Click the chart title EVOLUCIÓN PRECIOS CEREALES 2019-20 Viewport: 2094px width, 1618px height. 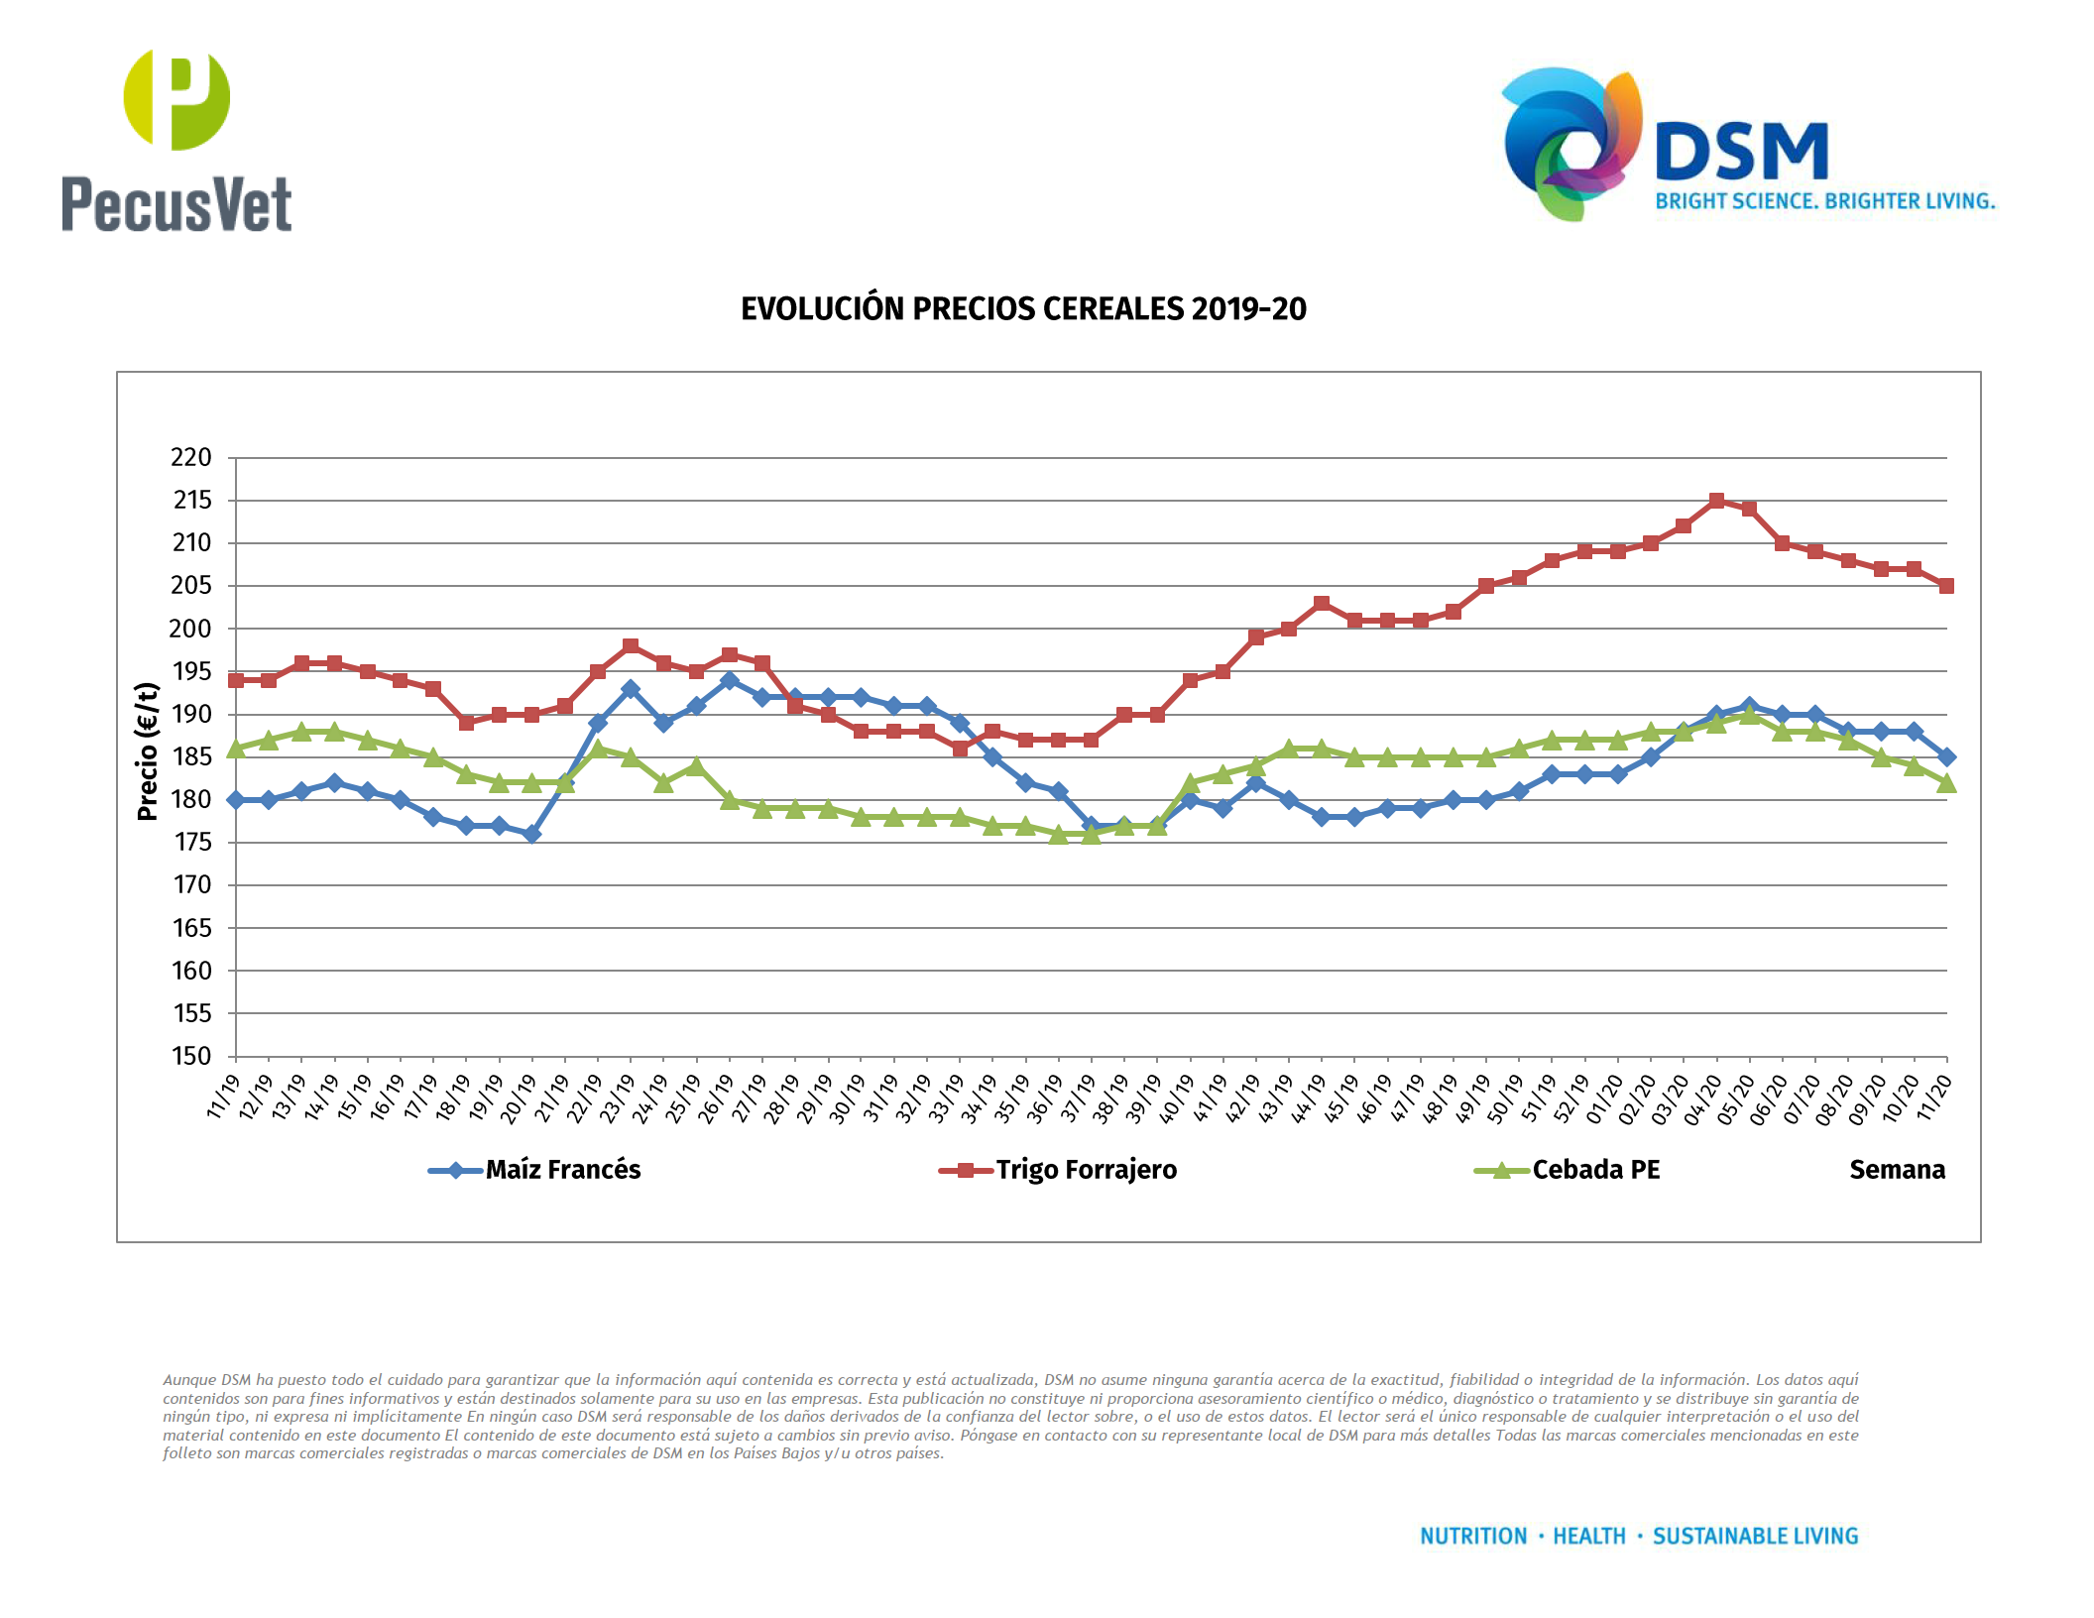click(1023, 309)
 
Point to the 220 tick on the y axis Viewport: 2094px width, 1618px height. click(191, 458)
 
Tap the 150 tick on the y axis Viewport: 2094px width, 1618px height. click(191, 1056)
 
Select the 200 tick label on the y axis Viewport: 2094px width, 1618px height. click(191, 629)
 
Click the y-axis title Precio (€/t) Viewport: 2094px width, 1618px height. click(148, 751)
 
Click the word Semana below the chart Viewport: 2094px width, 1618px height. click(1897, 1170)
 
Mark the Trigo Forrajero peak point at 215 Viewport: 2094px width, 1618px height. click(1716, 501)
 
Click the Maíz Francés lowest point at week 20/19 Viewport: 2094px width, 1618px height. click(532, 834)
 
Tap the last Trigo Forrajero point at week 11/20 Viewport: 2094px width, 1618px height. click(1946, 586)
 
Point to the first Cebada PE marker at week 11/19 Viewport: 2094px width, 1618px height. click(236, 749)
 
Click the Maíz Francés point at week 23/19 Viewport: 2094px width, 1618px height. click(631, 689)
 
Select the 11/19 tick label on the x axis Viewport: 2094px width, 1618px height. click(223, 1098)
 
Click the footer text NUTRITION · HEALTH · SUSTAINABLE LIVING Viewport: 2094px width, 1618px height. click(1639, 1536)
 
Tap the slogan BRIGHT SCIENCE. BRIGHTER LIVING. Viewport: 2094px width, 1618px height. click(1824, 201)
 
